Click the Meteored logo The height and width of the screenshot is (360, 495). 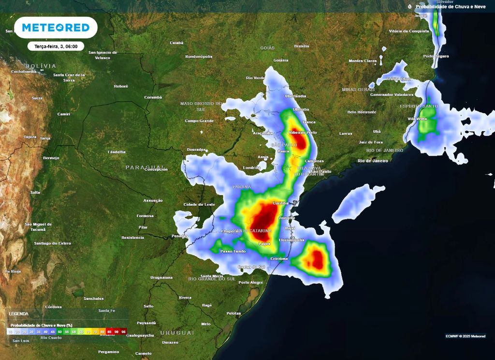point(56,28)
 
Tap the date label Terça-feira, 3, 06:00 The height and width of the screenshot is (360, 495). point(56,46)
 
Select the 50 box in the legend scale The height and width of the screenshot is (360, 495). point(60,331)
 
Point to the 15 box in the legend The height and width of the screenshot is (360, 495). point(10,331)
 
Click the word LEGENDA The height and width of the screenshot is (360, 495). point(19,314)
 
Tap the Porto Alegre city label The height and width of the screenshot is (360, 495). point(250,283)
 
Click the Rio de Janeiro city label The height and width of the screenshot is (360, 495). point(373,160)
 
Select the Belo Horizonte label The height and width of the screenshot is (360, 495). point(362,112)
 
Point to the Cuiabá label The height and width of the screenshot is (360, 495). point(176,43)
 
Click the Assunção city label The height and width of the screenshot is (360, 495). point(153,200)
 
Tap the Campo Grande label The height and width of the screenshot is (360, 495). point(199,120)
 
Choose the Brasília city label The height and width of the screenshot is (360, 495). point(302,46)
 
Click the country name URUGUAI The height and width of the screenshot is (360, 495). point(177,333)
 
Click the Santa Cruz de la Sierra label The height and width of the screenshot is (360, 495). point(69,77)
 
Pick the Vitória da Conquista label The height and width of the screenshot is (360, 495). point(409,31)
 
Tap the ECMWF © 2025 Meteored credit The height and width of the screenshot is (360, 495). point(466,336)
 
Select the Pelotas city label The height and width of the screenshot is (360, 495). point(233,314)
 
